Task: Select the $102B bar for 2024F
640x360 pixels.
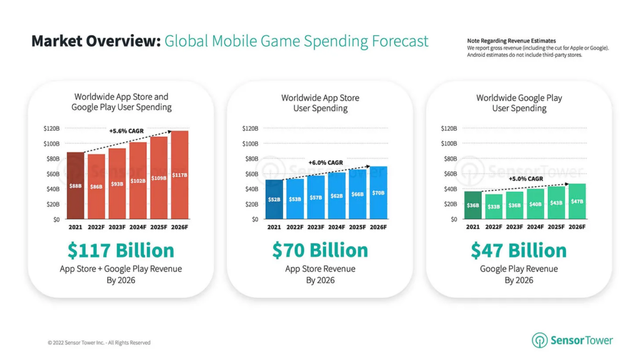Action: pos(138,181)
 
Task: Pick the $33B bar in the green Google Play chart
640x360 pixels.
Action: pos(493,206)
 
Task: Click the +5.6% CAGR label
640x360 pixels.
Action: pos(126,131)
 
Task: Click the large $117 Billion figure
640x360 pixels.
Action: pos(121,251)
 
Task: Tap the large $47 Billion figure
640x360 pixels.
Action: pos(519,251)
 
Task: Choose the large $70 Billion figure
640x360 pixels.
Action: pos(320,251)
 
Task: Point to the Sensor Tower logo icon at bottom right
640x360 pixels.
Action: pos(539,341)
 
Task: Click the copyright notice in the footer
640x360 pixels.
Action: pos(99,342)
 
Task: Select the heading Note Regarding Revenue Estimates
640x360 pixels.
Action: pos(511,41)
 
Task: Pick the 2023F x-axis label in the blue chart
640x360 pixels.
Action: pos(316,227)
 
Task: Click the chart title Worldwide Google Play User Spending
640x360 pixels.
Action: pos(519,103)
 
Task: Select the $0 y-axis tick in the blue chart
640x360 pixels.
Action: pos(254,219)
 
